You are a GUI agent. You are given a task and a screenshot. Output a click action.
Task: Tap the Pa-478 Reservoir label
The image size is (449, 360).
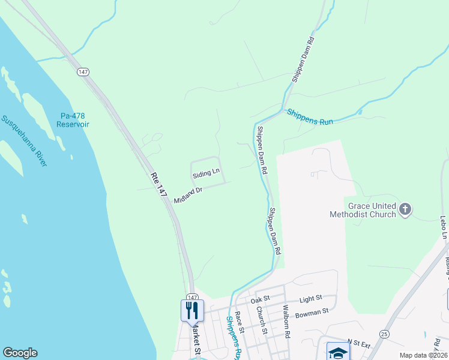pos(73,120)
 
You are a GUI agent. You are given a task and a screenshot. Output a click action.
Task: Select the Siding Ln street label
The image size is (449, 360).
pos(206,174)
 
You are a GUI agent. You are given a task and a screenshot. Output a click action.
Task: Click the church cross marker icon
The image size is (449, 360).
pos(405,209)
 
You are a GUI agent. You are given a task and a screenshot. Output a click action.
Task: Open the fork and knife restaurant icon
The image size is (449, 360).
pos(192,310)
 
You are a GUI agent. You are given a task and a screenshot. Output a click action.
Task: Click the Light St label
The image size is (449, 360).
pos(311,298)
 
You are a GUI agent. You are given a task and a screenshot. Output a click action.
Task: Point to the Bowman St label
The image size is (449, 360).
pos(313,311)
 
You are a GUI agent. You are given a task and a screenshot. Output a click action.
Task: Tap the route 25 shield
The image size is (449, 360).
pos(384,333)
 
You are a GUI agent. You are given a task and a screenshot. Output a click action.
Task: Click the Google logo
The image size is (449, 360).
pos(20,353)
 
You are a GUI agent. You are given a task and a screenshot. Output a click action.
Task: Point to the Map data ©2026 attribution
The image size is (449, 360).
pos(422,355)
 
